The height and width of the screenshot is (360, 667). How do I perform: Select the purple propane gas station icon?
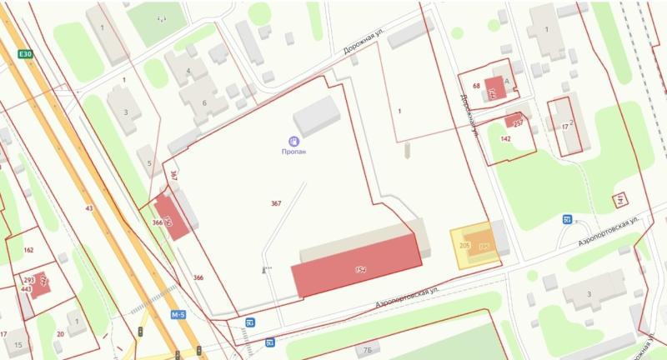tap(293, 142)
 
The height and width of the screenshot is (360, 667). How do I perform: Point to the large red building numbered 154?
tap(357, 266)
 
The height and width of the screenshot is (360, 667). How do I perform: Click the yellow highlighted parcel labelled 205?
tap(464, 247)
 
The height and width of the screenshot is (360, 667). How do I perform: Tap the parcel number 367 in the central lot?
tap(276, 203)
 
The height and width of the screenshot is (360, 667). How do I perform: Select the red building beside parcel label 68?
tap(494, 88)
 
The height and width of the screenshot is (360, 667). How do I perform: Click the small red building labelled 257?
tap(514, 122)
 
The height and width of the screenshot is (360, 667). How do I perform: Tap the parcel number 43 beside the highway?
tap(88, 207)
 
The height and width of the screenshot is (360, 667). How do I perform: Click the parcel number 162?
tap(28, 249)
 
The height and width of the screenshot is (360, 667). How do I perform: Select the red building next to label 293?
tap(40, 282)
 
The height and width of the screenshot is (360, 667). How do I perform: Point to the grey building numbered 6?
tap(203, 99)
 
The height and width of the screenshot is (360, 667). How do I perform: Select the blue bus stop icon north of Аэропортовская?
tap(567, 219)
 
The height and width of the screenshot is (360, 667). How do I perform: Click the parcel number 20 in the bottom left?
tap(60, 334)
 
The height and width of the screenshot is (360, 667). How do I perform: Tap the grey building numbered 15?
tap(18, 342)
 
